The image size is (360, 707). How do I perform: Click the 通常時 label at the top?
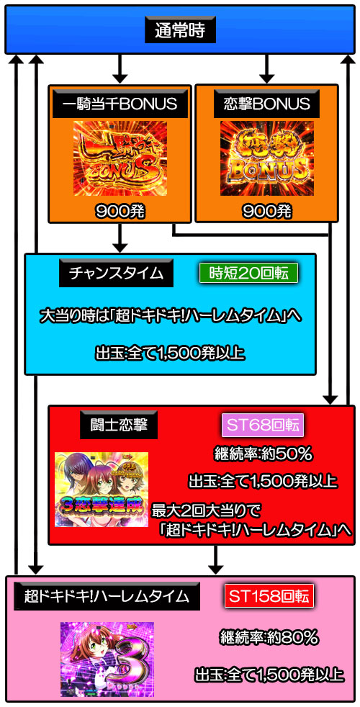click(180, 31)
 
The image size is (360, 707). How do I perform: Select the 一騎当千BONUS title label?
click(120, 104)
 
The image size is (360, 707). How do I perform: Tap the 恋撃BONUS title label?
click(266, 104)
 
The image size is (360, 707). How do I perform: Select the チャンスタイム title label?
click(117, 274)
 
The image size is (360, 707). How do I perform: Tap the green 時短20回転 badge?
click(249, 274)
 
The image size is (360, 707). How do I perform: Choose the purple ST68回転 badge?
click(263, 425)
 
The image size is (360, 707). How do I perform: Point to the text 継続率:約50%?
click(263, 455)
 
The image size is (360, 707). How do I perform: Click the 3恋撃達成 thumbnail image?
click(102, 489)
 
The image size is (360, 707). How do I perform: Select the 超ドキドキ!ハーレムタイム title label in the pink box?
click(107, 597)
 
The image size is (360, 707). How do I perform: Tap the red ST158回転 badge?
click(269, 597)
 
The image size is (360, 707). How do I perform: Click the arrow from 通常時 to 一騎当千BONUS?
click(120, 68)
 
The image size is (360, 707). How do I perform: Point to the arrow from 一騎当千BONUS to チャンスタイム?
click(120, 238)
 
